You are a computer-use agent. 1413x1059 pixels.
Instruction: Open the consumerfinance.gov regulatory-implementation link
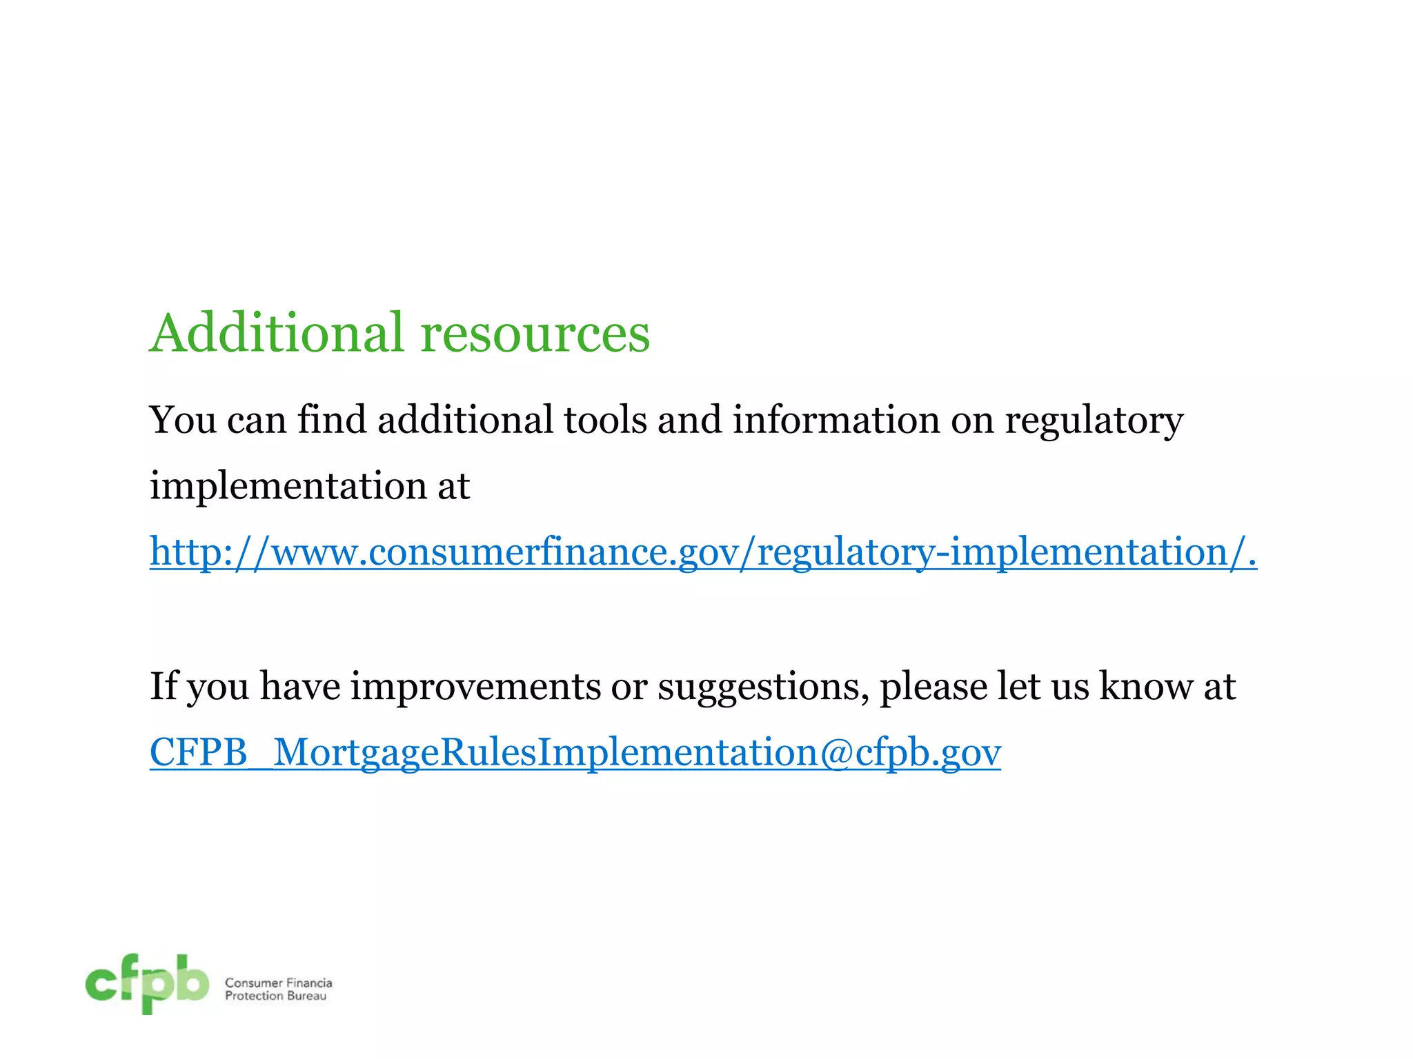click(702, 552)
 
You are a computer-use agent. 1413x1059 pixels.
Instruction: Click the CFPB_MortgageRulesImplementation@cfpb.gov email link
click(575, 752)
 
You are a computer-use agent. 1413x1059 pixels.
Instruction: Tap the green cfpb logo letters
click(147, 982)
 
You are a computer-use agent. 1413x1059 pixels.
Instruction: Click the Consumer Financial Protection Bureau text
click(278, 989)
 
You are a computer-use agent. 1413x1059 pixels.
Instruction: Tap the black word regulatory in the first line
click(1094, 421)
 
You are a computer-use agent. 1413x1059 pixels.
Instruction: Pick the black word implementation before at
click(288, 486)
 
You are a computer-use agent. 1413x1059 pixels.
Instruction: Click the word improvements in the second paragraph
click(476, 686)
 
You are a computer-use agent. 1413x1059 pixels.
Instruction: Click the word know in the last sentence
click(1145, 686)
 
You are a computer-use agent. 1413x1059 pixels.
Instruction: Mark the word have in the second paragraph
click(300, 686)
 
